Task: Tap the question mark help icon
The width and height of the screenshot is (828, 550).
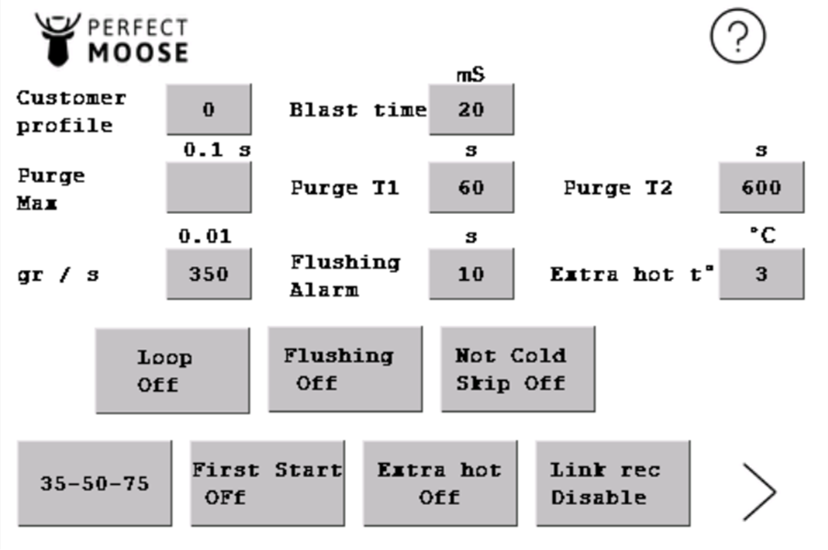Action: [x=738, y=36]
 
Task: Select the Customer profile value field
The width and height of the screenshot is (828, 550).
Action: [x=209, y=109]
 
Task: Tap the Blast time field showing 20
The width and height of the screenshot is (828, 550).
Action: [x=471, y=109]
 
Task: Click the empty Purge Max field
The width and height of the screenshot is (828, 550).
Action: [x=209, y=187]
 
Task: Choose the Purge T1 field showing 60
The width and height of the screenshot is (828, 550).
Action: [x=471, y=187]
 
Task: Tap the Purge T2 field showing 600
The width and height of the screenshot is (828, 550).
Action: [x=761, y=187]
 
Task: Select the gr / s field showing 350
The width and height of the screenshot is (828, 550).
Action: [x=209, y=275]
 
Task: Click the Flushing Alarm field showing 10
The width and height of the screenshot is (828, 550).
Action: [x=471, y=275]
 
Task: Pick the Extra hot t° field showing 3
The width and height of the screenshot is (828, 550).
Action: [x=761, y=275]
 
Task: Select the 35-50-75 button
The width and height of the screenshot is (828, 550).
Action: [x=95, y=484]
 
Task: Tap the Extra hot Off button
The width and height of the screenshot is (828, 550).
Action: [x=440, y=484]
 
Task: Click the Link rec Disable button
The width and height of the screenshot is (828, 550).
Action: [x=613, y=484]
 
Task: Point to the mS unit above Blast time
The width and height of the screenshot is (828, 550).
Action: [x=470, y=74]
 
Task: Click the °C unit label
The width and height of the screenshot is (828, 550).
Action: [x=763, y=235]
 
